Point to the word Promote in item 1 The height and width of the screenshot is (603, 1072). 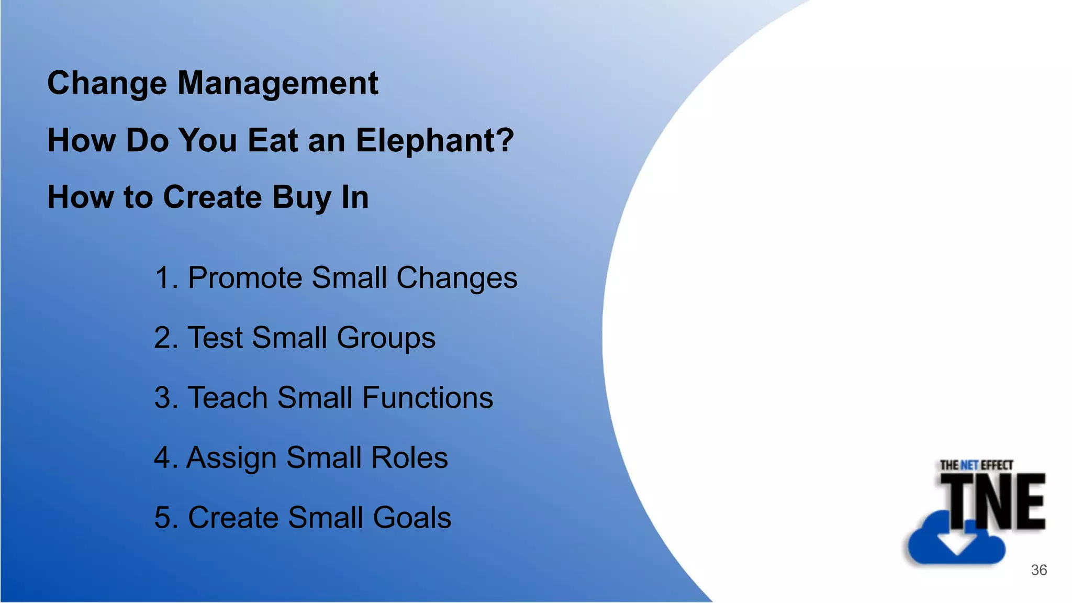[244, 277]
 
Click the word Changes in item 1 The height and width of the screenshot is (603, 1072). [456, 277]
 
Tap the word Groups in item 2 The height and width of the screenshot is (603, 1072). [386, 338]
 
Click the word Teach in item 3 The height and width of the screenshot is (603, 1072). [228, 398]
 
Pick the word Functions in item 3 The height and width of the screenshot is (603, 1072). [427, 398]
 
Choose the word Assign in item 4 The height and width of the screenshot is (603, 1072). [232, 458]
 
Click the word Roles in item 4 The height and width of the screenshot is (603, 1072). [409, 458]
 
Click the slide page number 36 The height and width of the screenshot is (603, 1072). [1038, 570]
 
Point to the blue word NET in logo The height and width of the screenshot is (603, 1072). [969, 465]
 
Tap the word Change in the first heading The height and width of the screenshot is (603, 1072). [107, 84]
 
